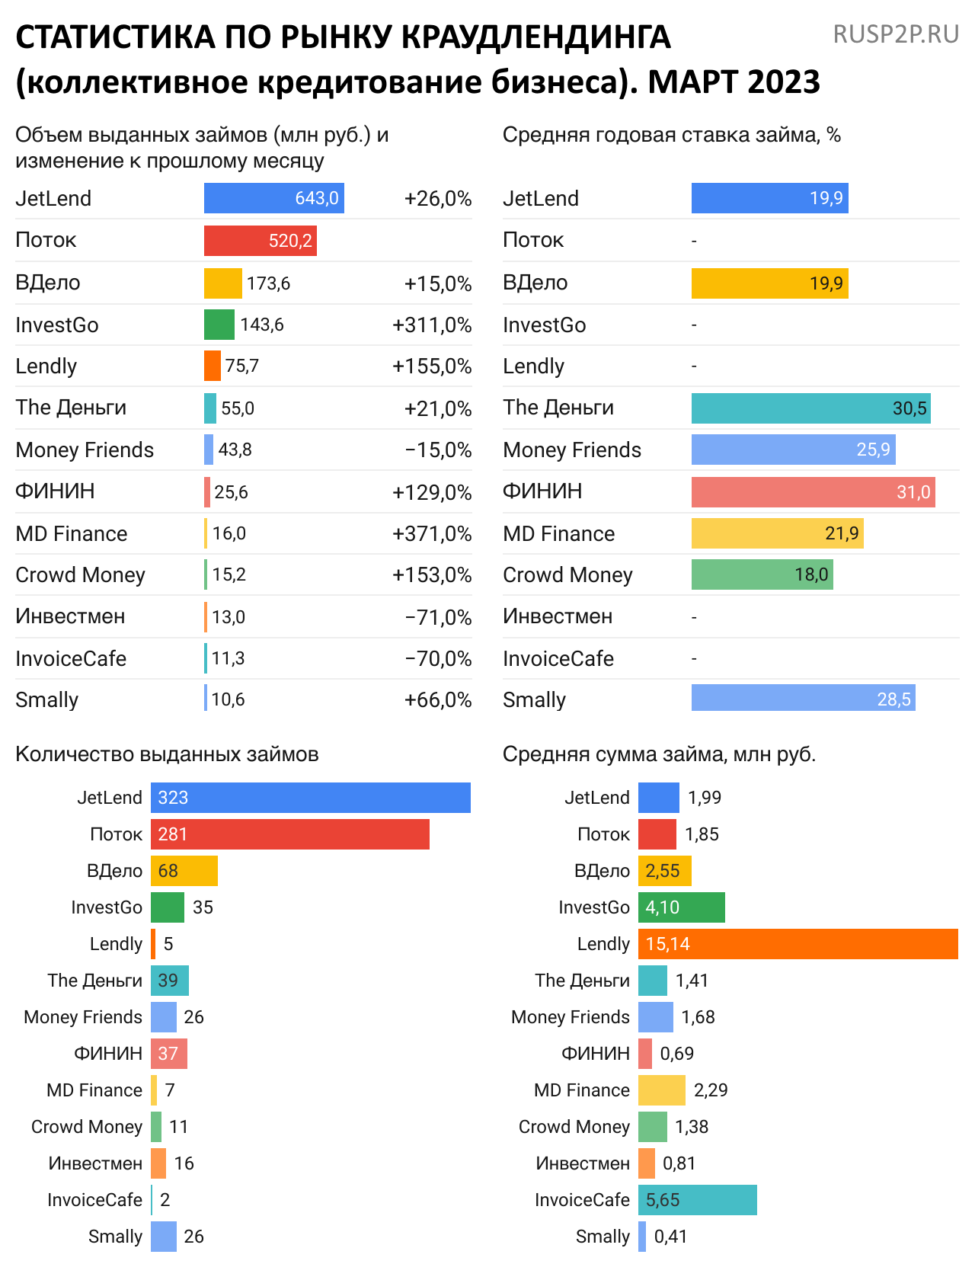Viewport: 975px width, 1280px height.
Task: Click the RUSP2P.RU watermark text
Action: tap(896, 34)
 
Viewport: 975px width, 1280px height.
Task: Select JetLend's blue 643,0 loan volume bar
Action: tap(273, 198)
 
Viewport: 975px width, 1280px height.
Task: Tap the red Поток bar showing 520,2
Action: tap(260, 241)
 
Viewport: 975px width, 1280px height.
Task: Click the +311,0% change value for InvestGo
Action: tap(432, 325)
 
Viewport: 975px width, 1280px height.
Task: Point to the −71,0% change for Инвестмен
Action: tap(438, 617)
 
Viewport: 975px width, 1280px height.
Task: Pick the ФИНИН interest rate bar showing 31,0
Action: tap(813, 492)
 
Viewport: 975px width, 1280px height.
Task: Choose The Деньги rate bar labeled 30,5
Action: tap(810, 408)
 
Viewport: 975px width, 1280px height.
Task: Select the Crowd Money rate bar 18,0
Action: tap(762, 574)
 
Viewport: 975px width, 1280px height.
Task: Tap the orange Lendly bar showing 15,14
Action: tap(798, 944)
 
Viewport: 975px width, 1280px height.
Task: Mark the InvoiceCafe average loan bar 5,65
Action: tap(697, 1200)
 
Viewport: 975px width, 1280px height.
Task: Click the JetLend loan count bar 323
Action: tap(310, 798)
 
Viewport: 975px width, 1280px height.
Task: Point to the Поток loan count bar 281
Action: tap(289, 834)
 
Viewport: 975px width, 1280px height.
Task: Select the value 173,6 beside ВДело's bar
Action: tap(268, 284)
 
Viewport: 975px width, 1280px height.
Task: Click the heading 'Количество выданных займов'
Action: tap(167, 754)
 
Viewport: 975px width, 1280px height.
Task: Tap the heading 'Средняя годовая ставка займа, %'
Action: tap(671, 135)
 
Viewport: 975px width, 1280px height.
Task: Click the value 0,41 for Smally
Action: tap(670, 1237)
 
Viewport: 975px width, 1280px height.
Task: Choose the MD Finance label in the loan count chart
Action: tap(94, 1090)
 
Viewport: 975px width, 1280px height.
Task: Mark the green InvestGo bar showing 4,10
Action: tap(681, 907)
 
